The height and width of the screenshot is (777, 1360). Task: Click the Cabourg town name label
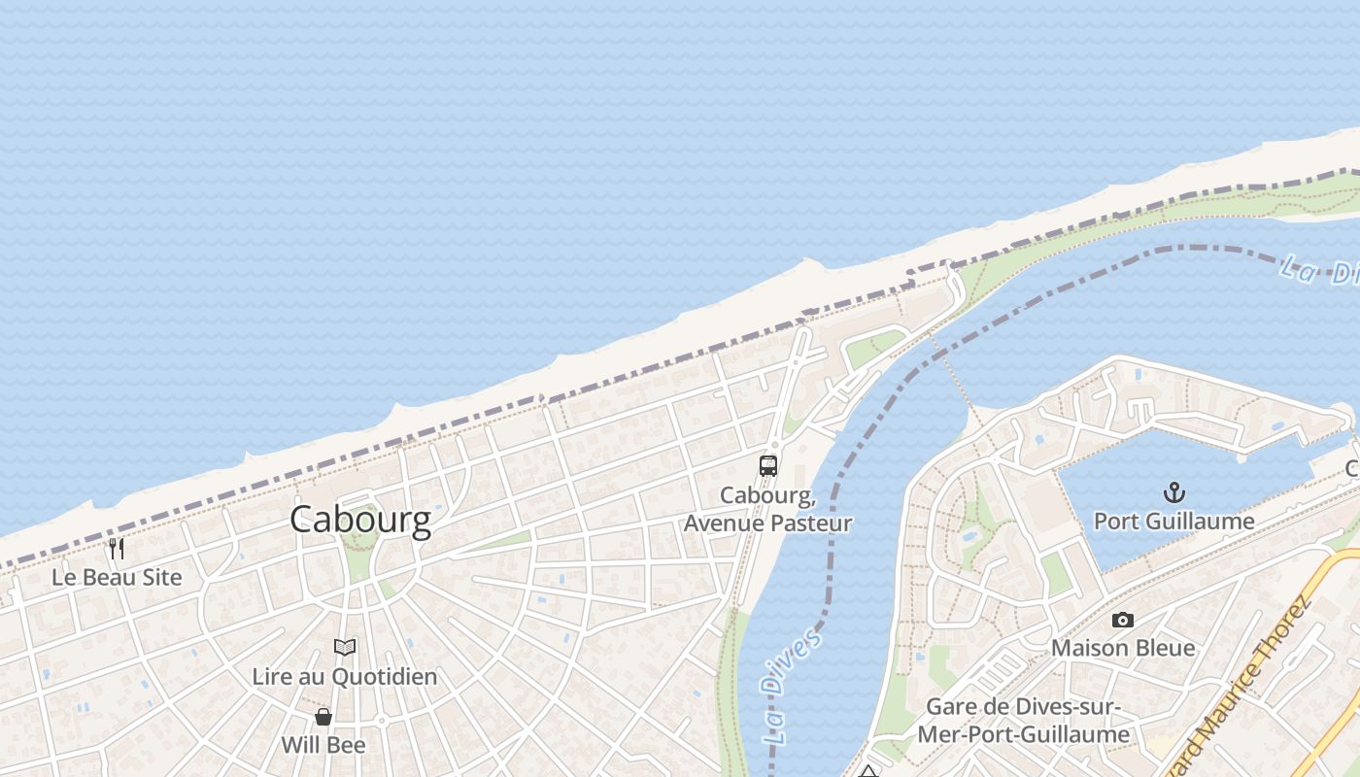click(360, 519)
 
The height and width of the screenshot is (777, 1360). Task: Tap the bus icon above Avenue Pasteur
click(768, 466)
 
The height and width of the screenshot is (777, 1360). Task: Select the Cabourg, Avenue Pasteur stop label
click(767, 509)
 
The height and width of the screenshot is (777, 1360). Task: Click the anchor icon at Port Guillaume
click(1174, 491)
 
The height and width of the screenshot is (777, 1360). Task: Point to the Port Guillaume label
click(1174, 521)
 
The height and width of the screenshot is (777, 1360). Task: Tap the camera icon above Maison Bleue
click(1123, 620)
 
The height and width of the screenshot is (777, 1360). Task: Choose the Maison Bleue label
click(1123, 647)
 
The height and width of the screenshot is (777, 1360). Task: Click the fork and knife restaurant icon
click(117, 549)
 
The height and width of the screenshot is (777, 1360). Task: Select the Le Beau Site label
click(117, 577)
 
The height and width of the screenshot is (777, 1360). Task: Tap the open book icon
click(345, 647)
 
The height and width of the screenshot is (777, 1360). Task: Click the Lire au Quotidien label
click(345, 676)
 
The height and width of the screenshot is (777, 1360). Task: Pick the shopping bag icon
click(323, 717)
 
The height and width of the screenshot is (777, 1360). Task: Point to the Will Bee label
click(323, 745)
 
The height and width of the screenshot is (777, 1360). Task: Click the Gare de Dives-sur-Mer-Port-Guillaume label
click(1023, 721)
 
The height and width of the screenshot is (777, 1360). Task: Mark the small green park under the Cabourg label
click(359, 558)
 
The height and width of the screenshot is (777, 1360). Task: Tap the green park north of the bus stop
click(875, 347)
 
